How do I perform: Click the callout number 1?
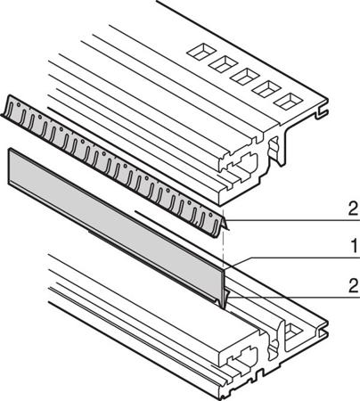tap(354, 247)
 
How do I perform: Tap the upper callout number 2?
tap(353, 209)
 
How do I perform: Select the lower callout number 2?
tap(353, 286)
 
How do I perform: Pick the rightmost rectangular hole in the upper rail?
tap(288, 102)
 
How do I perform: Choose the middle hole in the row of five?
tap(245, 76)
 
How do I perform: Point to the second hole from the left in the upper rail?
tap(223, 63)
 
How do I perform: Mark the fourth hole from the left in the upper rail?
tap(266, 89)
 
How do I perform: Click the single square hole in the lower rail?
tap(292, 331)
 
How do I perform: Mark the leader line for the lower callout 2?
tap(295, 297)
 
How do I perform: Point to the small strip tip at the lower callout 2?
tap(226, 298)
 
